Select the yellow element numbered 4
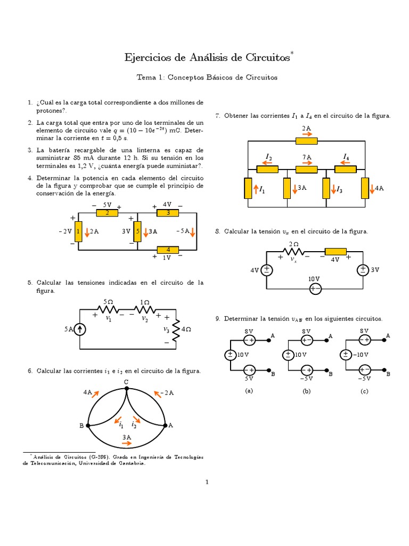(x=168, y=249)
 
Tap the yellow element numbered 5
(x=137, y=231)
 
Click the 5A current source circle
(x=80, y=329)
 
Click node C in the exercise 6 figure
(x=126, y=389)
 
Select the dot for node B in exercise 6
(x=88, y=425)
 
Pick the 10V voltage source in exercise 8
(x=315, y=288)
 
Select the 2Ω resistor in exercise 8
(x=295, y=252)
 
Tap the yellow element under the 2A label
(x=306, y=141)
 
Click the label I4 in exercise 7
(x=346, y=157)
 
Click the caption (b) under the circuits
(x=306, y=391)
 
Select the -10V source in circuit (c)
(x=345, y=354)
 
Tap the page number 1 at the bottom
(x=208, y=482)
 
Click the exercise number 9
(x=218, y=318)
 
